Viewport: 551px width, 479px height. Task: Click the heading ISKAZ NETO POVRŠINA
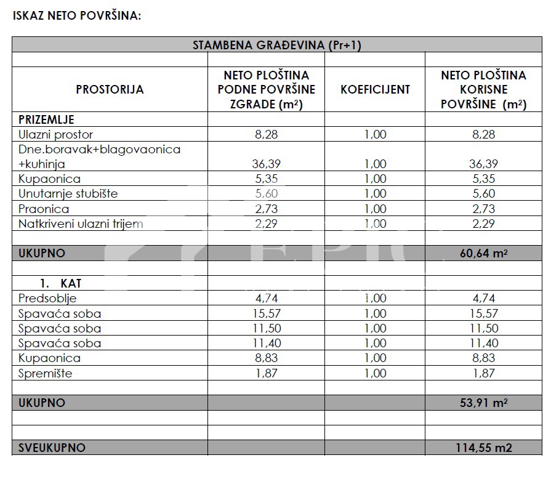point(77,15)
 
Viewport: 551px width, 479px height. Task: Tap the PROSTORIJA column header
point(110,89)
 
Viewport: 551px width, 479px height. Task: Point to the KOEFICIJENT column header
point(375,89)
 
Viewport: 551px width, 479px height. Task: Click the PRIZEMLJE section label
point(46,119)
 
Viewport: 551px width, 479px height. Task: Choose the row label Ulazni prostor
point(55,134)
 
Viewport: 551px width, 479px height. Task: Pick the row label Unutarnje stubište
point(68,193)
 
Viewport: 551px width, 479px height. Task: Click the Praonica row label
point(44,209)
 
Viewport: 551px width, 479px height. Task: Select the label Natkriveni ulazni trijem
point(81,223)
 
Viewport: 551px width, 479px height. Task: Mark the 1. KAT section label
point(60,283)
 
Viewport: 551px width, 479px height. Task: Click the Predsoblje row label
point(47,299)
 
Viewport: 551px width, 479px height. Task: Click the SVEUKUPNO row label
point(52,448)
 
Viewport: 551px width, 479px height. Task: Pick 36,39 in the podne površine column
point(266,164)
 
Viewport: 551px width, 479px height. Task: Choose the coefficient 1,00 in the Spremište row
point(375,373)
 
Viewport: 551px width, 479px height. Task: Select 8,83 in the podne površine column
point(266,358)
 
